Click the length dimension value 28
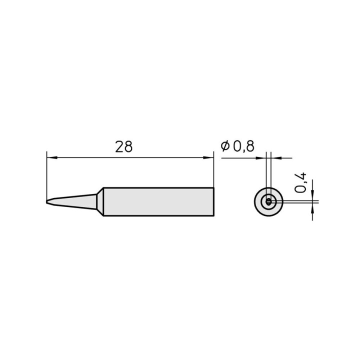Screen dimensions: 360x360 pos(124,147)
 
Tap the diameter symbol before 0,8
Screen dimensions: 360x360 pos(225,146)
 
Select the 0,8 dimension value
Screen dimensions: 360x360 pos(243,146)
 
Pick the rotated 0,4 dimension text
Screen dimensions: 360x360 pos(300,182)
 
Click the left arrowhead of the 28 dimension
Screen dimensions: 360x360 pos(52,157)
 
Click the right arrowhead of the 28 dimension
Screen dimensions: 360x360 pos(208,157)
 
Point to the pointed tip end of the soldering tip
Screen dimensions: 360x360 pos(47,201)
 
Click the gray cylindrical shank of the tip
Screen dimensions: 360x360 pos(158,201)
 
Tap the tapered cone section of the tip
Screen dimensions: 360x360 pos(73,201)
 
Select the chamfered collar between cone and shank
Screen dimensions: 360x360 pos(100,201)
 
